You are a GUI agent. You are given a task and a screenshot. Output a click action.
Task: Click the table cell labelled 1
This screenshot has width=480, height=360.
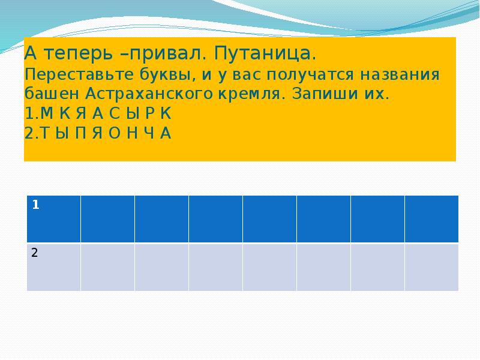[53, 218]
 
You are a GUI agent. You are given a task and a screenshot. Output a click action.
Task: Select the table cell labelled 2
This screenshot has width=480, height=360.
[53, 266]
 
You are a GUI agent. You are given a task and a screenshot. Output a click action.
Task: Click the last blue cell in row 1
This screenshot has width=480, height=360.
[431, 218]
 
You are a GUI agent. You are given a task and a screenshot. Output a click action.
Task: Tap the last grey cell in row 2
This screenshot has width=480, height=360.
[431, 266]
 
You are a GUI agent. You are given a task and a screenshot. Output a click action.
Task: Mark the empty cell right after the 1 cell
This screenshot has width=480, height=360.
[107, 218]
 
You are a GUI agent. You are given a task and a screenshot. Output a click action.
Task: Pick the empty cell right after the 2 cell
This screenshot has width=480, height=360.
[107, 266]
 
